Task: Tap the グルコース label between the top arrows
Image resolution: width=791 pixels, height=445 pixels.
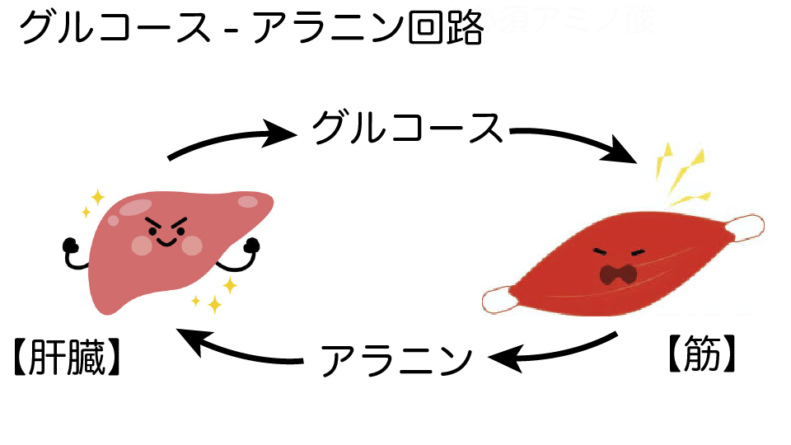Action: pos(407,129)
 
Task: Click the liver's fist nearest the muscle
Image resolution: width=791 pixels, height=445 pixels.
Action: pos(251,245)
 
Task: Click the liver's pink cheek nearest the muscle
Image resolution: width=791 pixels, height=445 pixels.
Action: pos(192,245)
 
